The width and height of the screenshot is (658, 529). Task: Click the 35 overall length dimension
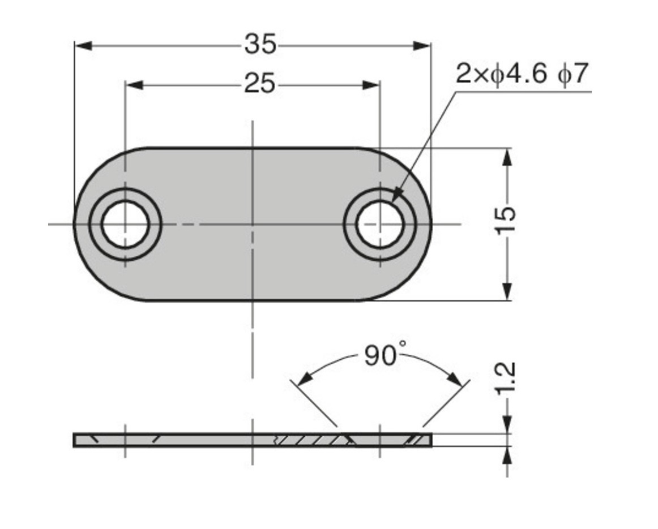click(260, 45)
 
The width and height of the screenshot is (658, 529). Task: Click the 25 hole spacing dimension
click(259, 84)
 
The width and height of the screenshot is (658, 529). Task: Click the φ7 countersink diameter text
click(573, 74)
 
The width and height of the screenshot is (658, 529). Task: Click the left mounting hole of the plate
click(125, 224)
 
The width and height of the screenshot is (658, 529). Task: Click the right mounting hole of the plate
click(380, 224)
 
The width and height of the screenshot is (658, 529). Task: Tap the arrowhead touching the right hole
click(396, 195)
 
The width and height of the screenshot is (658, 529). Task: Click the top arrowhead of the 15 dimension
click(507, 157)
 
